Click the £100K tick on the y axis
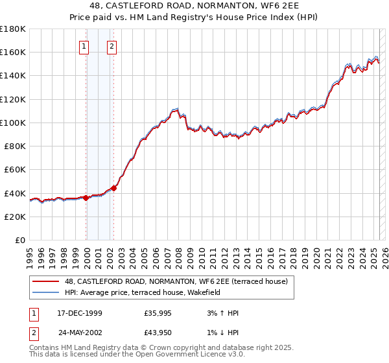click(x=13, y=123)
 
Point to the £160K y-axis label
click(x=13, y=52)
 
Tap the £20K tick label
click(x=15, y=217)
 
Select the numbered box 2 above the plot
click(x=112, y=46)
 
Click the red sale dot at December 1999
click(x=86, y=198)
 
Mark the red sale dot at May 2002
click(x=113, y=188)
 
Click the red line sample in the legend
click(x=45, y=281)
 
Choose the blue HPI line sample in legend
click(x=45, y=292)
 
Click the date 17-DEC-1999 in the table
click(x=80, y=313)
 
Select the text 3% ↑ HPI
click(x=222, y=313)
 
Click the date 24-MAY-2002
click(x=80, y=334)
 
